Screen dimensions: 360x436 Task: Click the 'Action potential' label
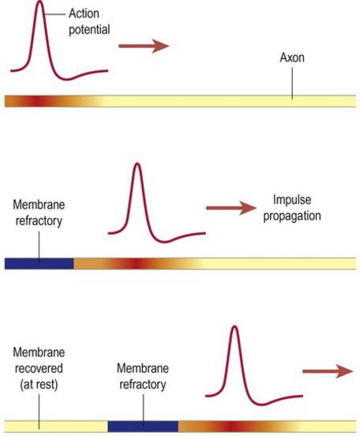89,21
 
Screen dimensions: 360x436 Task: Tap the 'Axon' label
292,58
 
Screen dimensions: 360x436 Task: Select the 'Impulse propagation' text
292,208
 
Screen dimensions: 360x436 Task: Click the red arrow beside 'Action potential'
144,46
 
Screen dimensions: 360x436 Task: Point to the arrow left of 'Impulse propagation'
231,208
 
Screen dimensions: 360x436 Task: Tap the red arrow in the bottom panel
328,371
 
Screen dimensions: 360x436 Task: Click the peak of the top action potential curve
40,1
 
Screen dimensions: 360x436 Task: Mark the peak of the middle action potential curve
137,163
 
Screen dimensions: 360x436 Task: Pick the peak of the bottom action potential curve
235,326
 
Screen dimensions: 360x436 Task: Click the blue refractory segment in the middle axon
39,264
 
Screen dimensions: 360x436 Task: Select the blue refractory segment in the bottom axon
143,427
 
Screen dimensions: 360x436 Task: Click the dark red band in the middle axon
136,264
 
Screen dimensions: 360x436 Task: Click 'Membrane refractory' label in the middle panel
39,213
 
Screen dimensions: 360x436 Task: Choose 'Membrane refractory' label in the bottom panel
143,376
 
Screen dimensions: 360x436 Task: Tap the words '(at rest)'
39,385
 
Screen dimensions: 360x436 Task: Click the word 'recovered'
39,368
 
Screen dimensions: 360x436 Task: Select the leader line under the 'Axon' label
292,83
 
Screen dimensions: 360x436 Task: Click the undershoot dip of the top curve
67,80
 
